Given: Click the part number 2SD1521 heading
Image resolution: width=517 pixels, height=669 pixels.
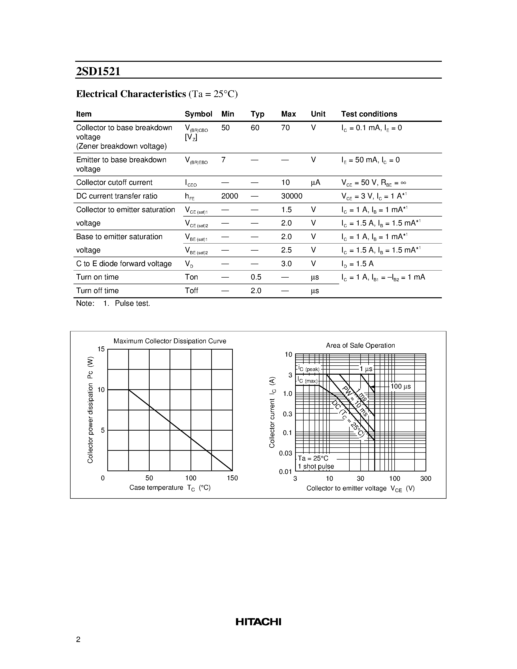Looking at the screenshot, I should pyautogui.click(x=98, y=71).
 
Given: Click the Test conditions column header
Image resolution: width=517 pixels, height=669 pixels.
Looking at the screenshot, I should pyautogui.click(x=369, y=114).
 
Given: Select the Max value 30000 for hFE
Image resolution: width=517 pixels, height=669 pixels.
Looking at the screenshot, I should pyautogui.click(x=291, y=196).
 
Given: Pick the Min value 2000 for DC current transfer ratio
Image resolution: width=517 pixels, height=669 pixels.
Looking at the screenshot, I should pyautogui.click(x=229, y=196).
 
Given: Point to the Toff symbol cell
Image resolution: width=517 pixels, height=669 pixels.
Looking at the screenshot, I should pyautogui.click(x=191, y=290).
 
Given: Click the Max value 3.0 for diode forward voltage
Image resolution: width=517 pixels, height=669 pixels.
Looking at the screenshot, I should pyautogui.click(x=286, y=263).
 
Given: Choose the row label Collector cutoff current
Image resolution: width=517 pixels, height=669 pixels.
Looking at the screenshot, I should pyautogui.click(x=114, y=182).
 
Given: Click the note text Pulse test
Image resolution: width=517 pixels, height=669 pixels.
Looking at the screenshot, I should pyautogui.click(x=132, y=303).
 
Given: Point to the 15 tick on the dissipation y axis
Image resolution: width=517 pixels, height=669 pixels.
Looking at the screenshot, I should pyautogui.click(x=101, y=349).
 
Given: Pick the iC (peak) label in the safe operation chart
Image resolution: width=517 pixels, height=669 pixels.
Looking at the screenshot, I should pyautogui.click(x=308, y=369).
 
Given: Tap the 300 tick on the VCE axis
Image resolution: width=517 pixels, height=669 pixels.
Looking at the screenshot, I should pyautogui.click(x=426, y=479).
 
